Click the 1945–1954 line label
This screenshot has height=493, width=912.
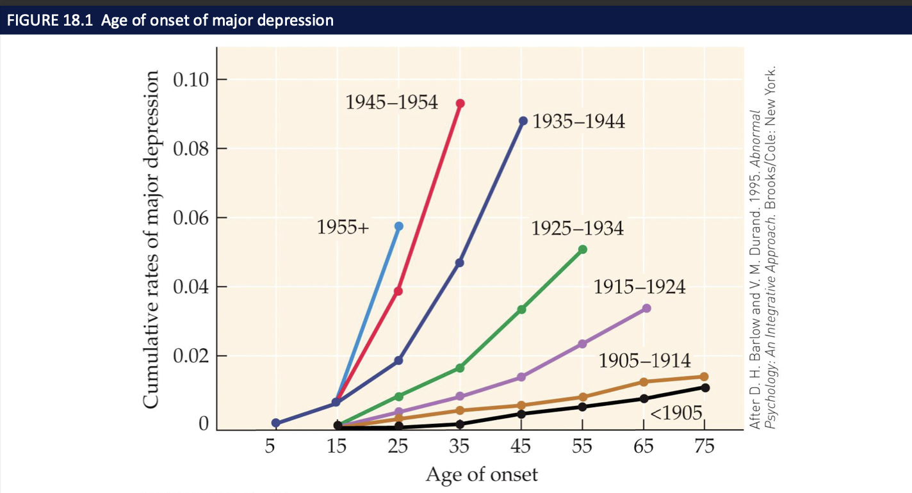tap(392, 102)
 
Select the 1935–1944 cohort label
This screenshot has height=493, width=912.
tap(578, 122)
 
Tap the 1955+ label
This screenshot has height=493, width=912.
tap(343, 227)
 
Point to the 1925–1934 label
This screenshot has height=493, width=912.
tap(577, 229)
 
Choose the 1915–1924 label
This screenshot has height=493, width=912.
tap(639, 287)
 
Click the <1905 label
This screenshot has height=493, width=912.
tap(676, 412)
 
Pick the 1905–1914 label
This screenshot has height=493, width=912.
tap(645, 360)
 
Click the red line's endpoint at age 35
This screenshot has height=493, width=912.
tap(460, 103)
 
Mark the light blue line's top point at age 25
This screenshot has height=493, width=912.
tap(399, 226)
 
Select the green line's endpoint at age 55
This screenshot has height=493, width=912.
tap(582, 249)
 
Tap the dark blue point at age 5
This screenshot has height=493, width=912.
tap(275, 423)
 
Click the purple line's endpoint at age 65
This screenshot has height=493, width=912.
tap(646, 308)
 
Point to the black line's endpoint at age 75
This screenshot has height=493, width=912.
tap(705, 387)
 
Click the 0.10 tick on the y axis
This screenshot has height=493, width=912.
tap(191, 80)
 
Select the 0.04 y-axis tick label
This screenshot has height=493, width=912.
tap(191, 287)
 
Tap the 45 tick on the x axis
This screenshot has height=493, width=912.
tap(522, 446)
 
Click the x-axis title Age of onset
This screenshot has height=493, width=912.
tap(482, 474)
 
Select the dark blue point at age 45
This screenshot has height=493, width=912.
tap(523, 120)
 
